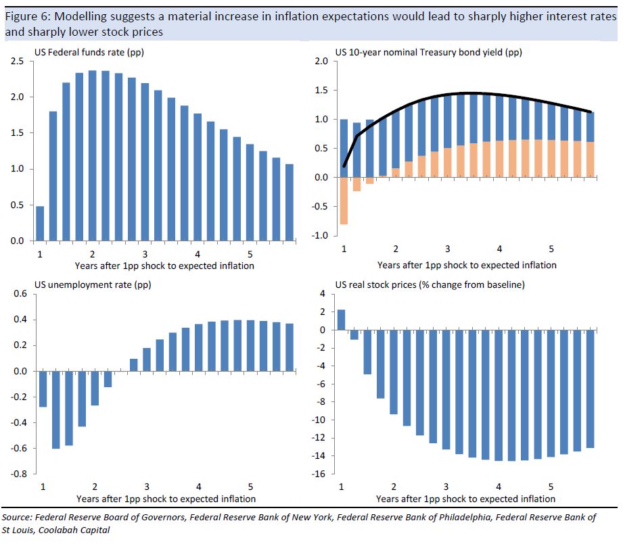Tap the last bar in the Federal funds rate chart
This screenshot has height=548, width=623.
(x=290, y=202)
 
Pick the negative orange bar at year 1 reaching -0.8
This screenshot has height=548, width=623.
(x=344, y=201)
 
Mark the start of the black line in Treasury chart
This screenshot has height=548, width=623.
(x=344, y=166)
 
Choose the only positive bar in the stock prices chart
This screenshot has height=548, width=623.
(x=341, y=320)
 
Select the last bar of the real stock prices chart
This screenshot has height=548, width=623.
(x=591, y=389)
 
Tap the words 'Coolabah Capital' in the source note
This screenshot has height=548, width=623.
(x=80, y=530)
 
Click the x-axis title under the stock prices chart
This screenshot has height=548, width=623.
(x=465, y=499)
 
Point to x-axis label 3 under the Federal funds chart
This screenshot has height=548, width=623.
(x=146, y=254)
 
